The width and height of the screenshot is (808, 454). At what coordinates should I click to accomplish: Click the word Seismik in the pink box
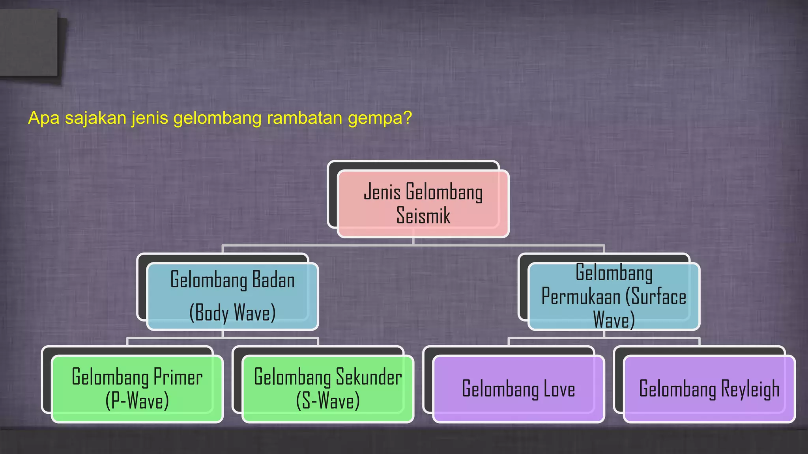(423, 216)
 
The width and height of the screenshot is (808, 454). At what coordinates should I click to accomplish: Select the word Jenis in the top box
(382, 192)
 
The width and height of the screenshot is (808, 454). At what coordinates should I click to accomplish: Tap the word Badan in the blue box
(273, 280)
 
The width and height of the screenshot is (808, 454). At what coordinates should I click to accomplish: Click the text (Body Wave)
(232, 313)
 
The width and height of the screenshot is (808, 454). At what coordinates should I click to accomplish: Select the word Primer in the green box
(178, 377)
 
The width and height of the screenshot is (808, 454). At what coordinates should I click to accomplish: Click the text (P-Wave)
(137, 401)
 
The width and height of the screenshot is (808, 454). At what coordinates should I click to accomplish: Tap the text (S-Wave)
(327, 401)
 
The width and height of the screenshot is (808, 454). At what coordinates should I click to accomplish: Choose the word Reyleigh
(750, 389)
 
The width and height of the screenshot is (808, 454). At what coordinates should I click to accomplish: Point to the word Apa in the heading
(44, 118)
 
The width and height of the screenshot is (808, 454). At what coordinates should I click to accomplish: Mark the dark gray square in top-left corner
(28, 43)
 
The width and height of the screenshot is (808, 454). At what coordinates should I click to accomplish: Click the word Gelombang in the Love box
(500, 389)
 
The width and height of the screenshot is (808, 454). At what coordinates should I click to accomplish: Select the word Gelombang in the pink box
(444, 193)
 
